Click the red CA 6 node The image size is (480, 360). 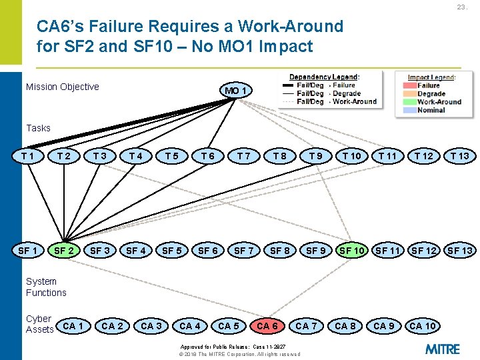[267, 326]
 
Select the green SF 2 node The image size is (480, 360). [64, 251]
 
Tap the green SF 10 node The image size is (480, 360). [352, 251]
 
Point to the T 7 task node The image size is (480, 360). [244, 156]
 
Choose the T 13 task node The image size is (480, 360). [459, 156]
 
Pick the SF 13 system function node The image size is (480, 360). [460, 251]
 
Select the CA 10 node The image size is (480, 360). [423, 326]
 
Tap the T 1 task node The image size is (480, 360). [28, 156]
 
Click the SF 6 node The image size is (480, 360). [208, 251]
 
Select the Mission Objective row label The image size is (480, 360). [62, 87]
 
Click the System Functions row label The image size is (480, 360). [46, 287]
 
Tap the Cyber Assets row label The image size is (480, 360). [39, 323]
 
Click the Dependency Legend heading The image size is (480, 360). [324, 77]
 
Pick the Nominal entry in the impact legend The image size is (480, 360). [431, 110]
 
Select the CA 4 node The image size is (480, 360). [190, 326]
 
